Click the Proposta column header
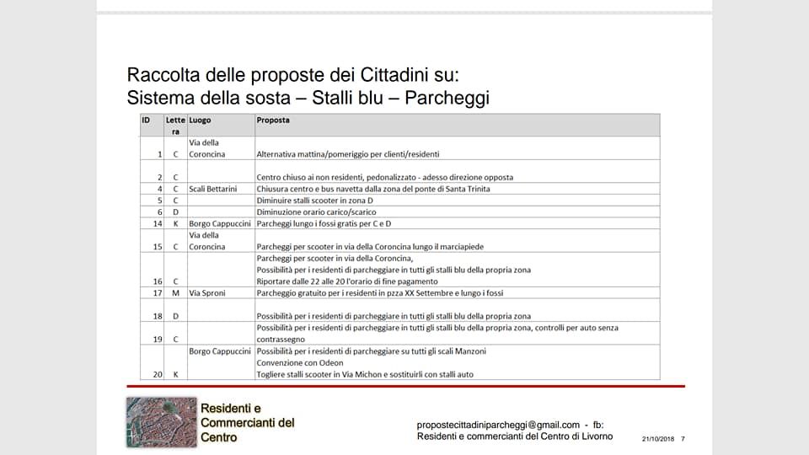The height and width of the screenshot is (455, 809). pos(273,120)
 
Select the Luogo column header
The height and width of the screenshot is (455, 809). pos(200,120)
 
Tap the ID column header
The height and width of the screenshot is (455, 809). pos(146,120)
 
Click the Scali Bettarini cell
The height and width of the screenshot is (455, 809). pos(213,189)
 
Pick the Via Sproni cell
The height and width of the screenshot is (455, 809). pos(207,293)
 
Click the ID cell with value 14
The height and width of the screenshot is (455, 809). pos(158,223)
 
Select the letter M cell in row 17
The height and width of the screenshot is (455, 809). pos(175,293)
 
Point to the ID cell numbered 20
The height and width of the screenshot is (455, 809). pos(158,374)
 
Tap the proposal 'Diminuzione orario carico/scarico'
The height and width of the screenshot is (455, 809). pos(317,212)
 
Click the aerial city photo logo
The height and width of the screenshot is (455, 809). pos(161,421)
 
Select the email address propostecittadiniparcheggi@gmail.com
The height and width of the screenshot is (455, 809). pos(498,425)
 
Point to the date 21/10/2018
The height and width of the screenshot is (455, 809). pos(658,439)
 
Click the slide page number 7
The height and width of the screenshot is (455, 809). pos(683,439)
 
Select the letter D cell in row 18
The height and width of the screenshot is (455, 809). pos(175,316)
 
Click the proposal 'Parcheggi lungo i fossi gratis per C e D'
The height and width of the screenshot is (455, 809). pos(324,223)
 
